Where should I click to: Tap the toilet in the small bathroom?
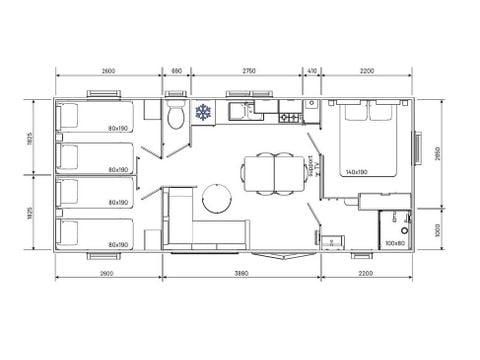coord(176,118)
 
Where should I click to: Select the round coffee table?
coord(216,199)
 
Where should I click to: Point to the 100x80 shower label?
coord(395,243)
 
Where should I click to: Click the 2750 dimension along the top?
coord(247,71)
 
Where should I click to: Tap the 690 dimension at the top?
coord(177,71)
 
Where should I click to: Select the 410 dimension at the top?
coord(312,71)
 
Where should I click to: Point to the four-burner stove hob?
coord(289,117)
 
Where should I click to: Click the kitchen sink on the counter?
coord(242,110)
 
